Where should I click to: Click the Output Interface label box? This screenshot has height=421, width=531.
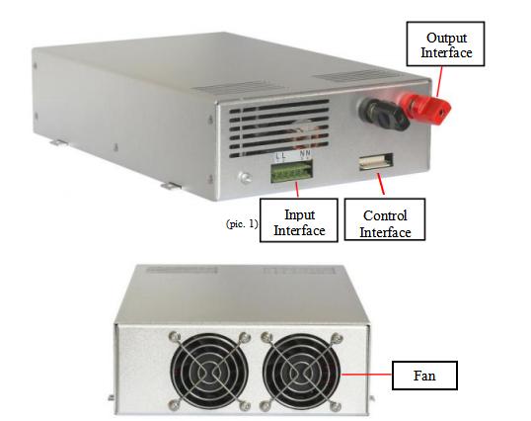click(445, 43)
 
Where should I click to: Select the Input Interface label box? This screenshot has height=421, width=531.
click(299, 220)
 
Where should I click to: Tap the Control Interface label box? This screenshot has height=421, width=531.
click(385, 219)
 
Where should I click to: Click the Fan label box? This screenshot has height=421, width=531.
click(424, 376)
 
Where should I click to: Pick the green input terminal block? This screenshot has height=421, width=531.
click(291, 172)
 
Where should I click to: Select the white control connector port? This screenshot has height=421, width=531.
click(376, 161)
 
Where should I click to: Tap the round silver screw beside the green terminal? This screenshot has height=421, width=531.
click(245, 177)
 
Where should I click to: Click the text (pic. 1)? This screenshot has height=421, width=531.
click(242, 224)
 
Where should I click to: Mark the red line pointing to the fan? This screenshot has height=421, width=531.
click(367, 375)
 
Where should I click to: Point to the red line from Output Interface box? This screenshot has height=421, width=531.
click(439, 81)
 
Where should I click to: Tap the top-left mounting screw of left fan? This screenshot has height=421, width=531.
click(174, 337)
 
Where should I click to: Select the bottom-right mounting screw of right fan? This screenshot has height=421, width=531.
click(336, 406)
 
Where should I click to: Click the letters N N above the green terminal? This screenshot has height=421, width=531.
click(305, 154)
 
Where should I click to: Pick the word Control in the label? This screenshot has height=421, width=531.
click(385, 215)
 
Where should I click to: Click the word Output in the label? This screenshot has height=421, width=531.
click(447, 38)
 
